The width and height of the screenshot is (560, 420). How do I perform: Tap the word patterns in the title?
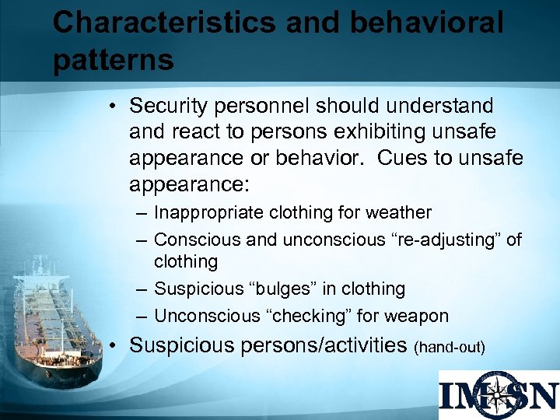coord(113,60)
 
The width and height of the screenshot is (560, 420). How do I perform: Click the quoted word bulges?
coord(280,289)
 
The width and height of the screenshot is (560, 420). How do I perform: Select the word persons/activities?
coord(327,345)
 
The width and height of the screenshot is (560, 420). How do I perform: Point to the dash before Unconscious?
coord(138,317)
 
